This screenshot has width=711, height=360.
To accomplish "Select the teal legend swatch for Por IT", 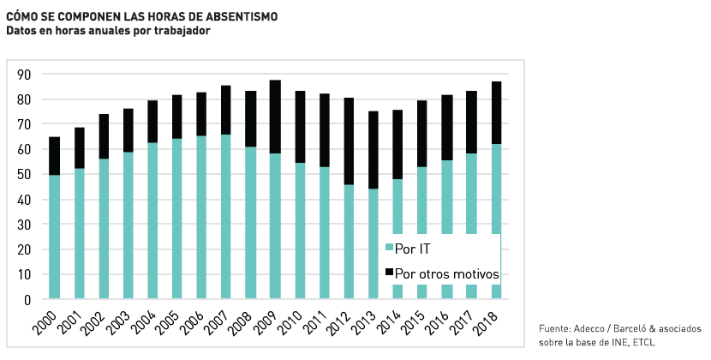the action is pos(389,248).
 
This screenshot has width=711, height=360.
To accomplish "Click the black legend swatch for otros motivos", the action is pos(389,273).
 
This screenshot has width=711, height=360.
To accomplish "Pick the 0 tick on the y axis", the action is pos(27,300).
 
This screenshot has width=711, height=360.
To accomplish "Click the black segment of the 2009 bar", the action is pos(275,117).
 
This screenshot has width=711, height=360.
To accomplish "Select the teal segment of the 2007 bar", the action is pos(226,217).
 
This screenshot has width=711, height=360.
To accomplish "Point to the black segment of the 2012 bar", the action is pos(350,141).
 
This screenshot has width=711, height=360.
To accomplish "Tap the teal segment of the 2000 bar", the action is pos(55,237).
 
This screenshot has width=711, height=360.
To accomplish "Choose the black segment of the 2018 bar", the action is pos(497,112).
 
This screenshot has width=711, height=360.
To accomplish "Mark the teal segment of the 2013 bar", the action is pos(373,243).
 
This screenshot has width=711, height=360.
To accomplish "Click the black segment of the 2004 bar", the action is pos(152,121).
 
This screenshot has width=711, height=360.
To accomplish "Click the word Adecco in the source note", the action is pos(589,328).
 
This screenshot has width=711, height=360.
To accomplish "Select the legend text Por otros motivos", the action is pos(446,273).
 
